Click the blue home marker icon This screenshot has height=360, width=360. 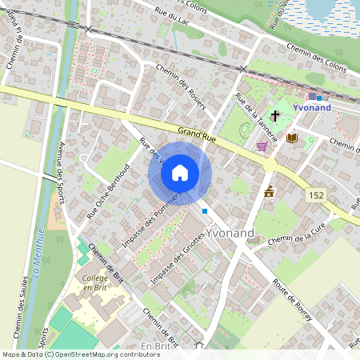pyautogui.click(x=180, y=173)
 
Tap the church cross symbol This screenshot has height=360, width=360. pyautogui.click(x=275, y=117)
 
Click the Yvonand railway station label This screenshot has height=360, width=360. pyautogui.click(x=312, y=106)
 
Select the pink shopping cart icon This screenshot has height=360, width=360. pyautogui.click(x=262, y=146)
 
